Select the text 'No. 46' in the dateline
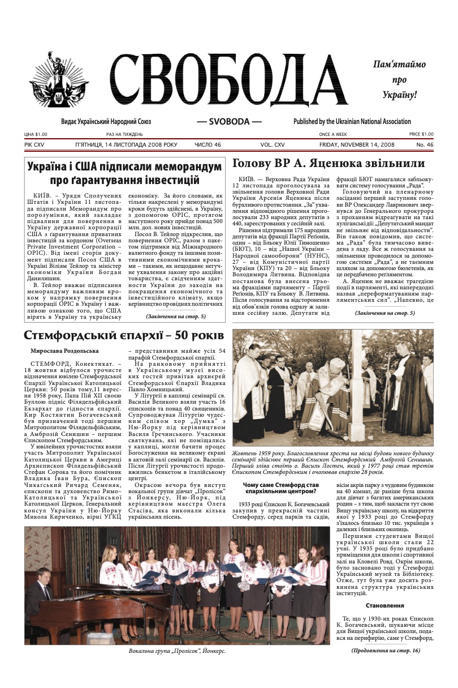[x=425, y=145]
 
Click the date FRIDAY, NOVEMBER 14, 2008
[x=356, y=145]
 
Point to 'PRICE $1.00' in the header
[x=421, y=134]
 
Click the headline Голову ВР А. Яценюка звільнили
[x=329, y=164]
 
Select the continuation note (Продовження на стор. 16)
[x=386, y=651]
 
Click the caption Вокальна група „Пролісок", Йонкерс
[x=177, y=652]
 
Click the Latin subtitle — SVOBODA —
[x=229, y=122]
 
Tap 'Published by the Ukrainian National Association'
[x=352, y=122]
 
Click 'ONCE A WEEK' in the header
[x=333, y=134]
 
